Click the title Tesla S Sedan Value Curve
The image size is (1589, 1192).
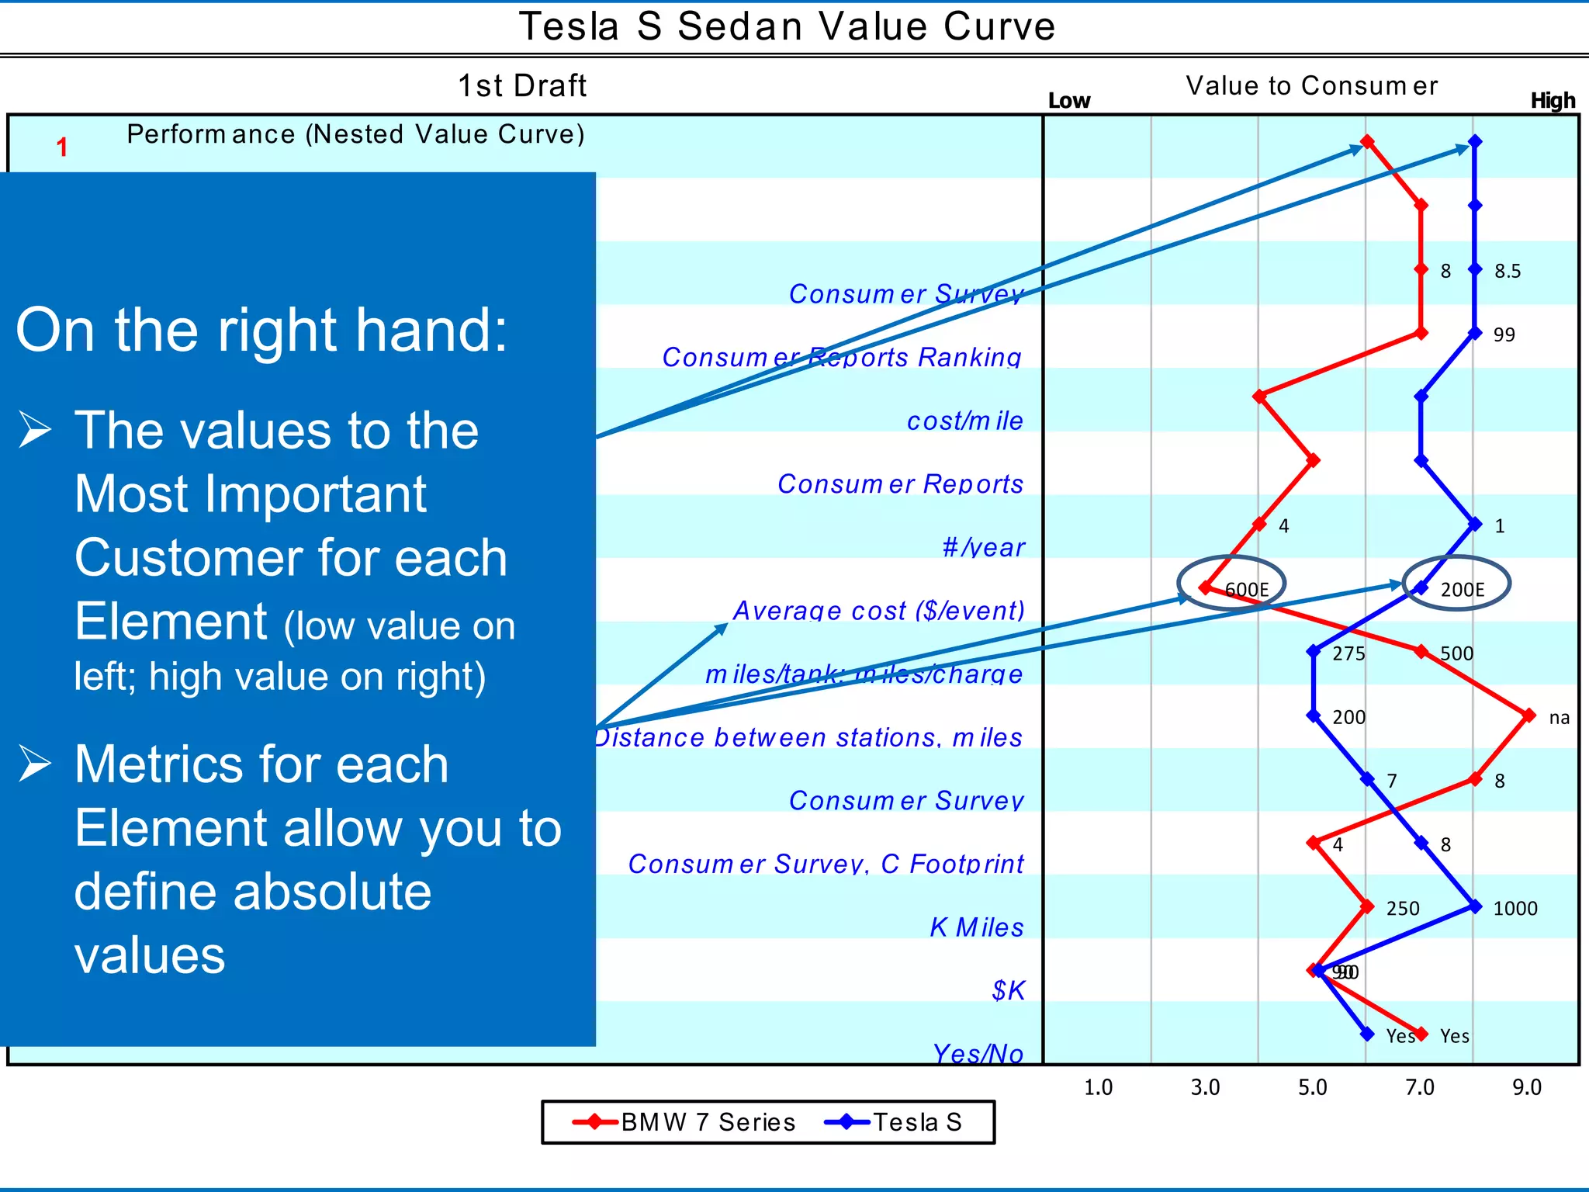(787, 26)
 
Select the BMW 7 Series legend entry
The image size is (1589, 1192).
(684, 1122)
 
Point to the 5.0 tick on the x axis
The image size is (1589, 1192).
(1313, 1087)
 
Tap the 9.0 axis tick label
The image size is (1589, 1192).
(1527, 1087)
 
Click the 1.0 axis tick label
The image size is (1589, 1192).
(1098, 1087)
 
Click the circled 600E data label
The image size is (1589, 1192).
(1246, 590)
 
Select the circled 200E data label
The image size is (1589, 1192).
(1462, 590)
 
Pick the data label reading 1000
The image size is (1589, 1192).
(1515, 909)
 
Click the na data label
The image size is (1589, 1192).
(1559, 718)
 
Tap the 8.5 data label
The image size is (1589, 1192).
(1507, 272)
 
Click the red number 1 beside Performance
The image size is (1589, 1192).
(62, 147)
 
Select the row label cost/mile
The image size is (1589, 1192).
(964, 421)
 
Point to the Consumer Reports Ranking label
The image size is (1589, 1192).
(841, 357)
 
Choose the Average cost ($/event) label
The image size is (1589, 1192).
(878, 611)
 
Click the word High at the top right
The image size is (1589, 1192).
(1553, 101)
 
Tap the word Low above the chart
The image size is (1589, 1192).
(1068, 101)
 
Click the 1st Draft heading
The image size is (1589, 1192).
(522, 85)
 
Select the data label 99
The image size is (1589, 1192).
(1504, 335)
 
